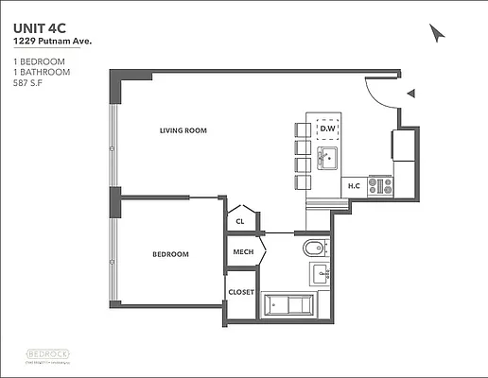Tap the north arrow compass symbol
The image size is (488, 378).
point(436,34)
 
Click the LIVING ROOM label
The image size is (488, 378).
point(183,130)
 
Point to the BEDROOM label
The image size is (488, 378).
point(171,254)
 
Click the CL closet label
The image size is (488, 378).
point(240,221)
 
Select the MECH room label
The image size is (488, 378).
point(243,253)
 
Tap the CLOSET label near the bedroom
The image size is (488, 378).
point(241,292)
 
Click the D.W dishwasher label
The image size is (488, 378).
point(328,129)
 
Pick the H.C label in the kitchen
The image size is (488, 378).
point(354,186)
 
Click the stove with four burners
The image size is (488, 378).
point(380,185)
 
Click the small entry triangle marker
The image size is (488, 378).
point(410,93)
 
